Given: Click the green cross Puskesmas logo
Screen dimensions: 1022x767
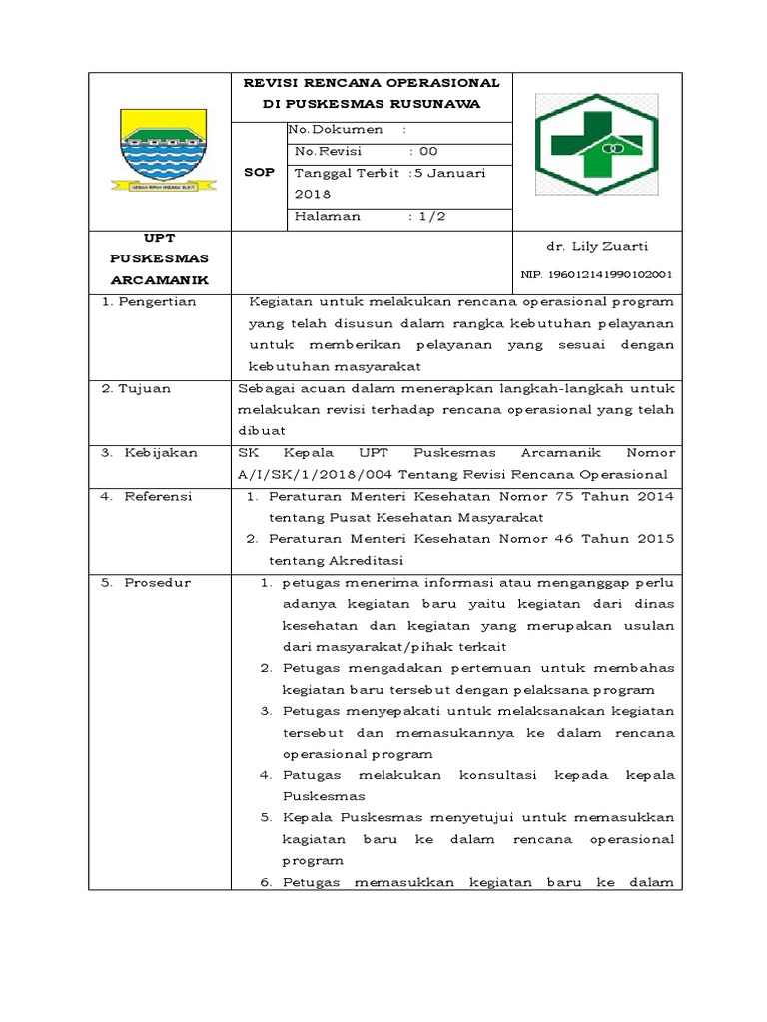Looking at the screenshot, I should pos(596,148).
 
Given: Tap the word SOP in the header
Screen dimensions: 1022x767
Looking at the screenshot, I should pos(259,172).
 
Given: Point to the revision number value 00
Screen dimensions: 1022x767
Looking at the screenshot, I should pos(428,151).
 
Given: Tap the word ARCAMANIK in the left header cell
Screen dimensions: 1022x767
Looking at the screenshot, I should pos(160,279).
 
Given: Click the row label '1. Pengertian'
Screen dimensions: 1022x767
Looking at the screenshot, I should pos(150,301).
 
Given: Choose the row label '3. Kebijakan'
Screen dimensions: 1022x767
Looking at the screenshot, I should pos(149,452).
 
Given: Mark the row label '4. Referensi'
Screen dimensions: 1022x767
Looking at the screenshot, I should pos(147,496).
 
